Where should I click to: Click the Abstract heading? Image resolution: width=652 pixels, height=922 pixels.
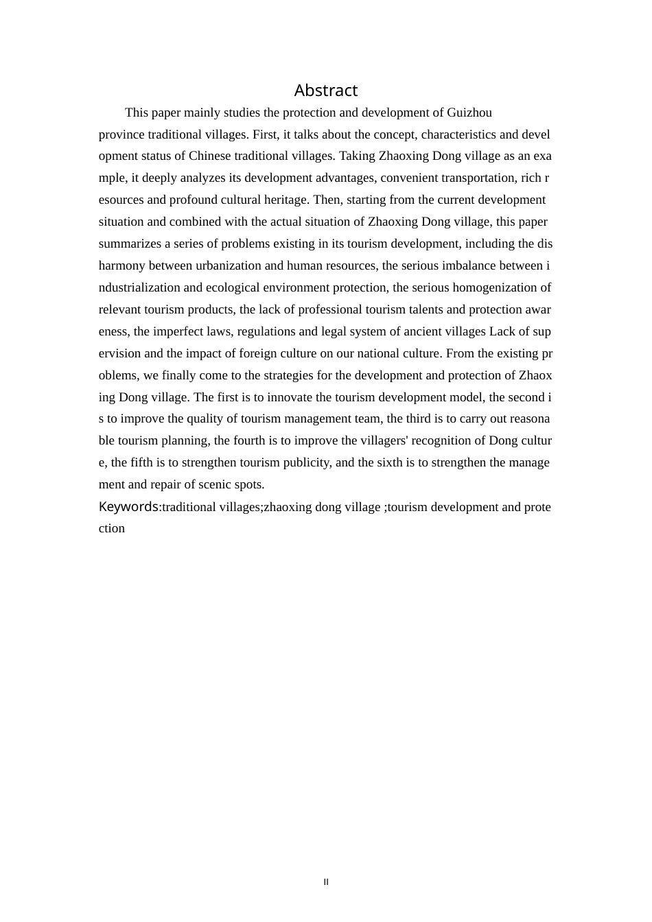click(x=326, y=91)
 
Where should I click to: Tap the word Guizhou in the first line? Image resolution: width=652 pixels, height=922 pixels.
click(x=469, y=113)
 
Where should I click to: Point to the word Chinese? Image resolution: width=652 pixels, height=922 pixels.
click(x=209, y=156)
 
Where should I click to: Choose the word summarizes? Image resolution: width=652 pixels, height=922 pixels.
click(x=128, y=244)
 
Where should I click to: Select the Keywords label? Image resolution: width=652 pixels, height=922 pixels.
click(x=128, y=507)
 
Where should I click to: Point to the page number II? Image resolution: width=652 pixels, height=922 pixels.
click(x=326, y=882)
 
